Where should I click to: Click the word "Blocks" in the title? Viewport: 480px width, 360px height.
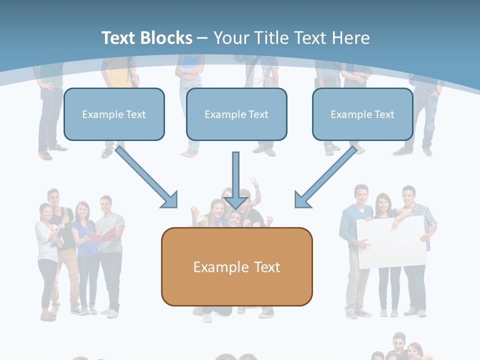pos(166,37)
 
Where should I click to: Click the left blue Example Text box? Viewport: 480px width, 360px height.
pos(114,114)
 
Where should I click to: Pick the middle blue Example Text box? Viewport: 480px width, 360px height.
pos(236,114)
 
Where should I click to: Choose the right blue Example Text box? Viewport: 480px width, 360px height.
pos(362,114)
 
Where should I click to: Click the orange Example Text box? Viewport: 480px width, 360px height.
pos(237,266)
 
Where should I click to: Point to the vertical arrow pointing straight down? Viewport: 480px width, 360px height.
pos(235,180)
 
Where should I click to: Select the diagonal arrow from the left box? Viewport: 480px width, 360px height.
pos(146,177)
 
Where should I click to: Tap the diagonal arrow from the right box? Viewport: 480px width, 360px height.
pos(325,177)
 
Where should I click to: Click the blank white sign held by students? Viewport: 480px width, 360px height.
pos(392,242)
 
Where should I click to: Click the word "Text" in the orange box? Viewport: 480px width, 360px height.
pos(267,267)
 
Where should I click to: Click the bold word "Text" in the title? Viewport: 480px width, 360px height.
pos(118,37)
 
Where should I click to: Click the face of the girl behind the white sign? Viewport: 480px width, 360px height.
pos(383,203)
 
